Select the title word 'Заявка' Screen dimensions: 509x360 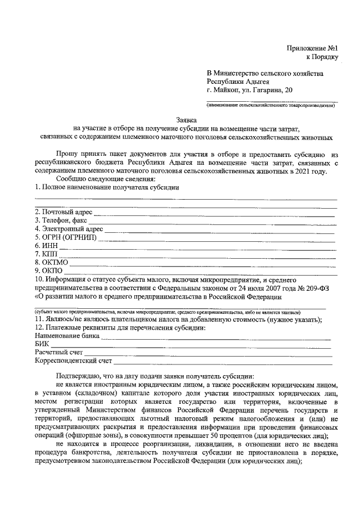186,120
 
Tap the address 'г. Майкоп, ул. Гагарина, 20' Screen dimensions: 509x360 249,89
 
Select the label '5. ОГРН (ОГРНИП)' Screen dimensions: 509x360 65,237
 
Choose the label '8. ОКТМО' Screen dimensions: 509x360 51,262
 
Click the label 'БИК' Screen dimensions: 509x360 42,344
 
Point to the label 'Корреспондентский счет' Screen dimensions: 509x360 74,361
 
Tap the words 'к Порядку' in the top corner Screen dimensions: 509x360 322,56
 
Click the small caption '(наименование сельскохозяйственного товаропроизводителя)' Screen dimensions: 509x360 271,105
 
